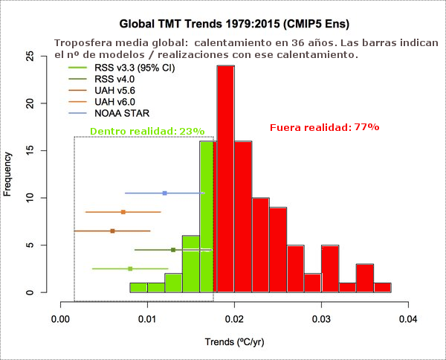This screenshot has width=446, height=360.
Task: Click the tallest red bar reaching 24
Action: [x=225, y=179]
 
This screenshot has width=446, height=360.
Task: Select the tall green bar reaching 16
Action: [x=207, y=216]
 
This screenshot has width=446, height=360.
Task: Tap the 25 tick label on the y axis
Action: [x=30, y=56]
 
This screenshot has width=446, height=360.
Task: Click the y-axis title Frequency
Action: [x=8, y=174]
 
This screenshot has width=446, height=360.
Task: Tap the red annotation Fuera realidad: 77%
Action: [x=324, y=127]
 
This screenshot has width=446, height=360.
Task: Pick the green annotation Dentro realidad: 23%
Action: [x=147, y=131]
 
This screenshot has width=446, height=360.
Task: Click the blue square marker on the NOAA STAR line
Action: [x=164, y=193]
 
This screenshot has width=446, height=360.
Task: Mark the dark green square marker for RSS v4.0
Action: [x=173, y=250]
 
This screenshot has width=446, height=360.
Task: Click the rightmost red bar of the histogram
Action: [x=382, y=287]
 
